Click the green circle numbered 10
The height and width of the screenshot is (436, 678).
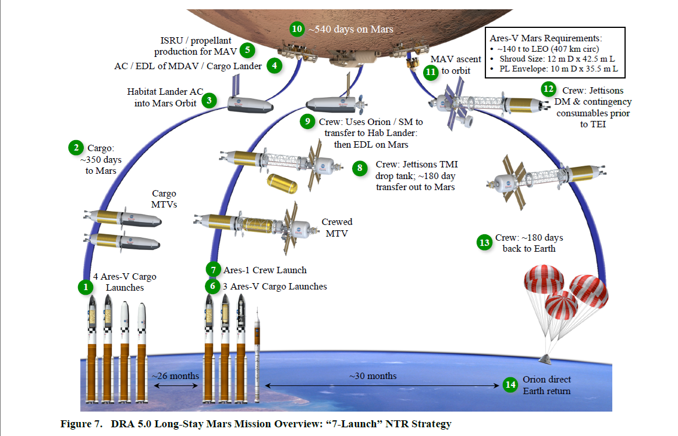click(297, 28)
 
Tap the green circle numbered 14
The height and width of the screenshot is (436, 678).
click(510, 385)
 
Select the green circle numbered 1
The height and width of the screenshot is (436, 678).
click(86, 287)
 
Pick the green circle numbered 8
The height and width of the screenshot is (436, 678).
click(360, 169)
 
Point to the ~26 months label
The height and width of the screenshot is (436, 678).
click(176, 376)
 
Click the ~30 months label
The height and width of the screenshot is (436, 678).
click(373, 376)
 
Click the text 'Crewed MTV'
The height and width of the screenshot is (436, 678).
click(337, 227)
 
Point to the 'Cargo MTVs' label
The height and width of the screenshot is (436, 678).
click(164, 199)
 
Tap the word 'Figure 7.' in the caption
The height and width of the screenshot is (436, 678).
click(80, 424)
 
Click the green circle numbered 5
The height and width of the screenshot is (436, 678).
click(247, 50)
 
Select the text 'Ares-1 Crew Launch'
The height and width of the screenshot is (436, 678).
click(265, 270)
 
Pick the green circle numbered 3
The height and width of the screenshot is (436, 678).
click(208, 101)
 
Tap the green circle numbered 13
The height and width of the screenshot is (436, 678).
click(484, 242)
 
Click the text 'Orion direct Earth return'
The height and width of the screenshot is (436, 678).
click(546, 385)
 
